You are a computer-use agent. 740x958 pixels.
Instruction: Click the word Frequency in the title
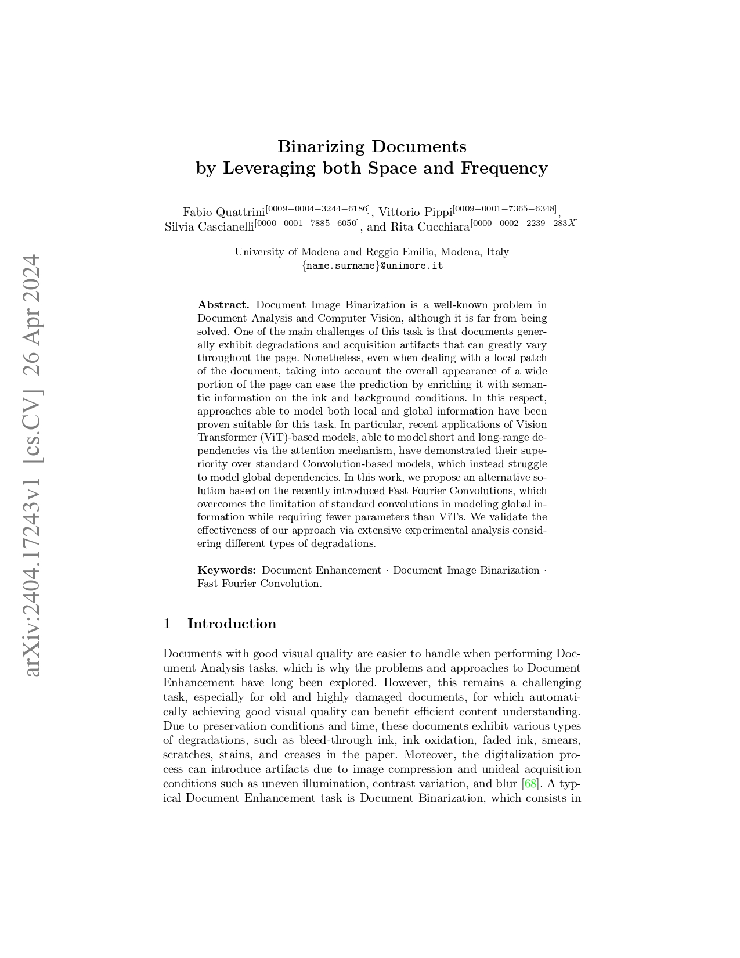click(504, 168)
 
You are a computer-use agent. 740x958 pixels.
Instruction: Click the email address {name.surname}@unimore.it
click(371, 266)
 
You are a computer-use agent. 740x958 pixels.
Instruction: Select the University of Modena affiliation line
click(371, 252)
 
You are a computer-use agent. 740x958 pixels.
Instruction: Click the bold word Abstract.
click(223, 305)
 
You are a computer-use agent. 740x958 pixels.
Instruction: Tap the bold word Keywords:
click(226, 570)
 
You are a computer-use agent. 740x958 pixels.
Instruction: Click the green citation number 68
click(530, 784)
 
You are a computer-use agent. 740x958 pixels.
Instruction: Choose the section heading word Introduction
click(232, 624)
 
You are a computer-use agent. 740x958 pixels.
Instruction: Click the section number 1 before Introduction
click(167, 624)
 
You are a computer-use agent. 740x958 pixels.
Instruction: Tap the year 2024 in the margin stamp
click(34, 278)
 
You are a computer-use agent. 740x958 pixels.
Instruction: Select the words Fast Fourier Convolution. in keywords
click(259, 584)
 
